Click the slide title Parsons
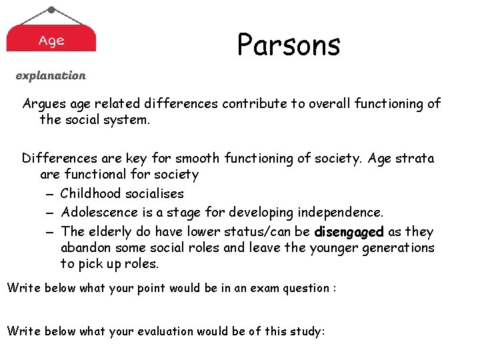tap(289, 45)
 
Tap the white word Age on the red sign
tap(51, 41)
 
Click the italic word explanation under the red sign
tap(51, 76)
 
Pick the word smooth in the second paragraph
tap(197, 159)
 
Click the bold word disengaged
tap(349, 232)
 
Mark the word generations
tap(397, 248)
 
